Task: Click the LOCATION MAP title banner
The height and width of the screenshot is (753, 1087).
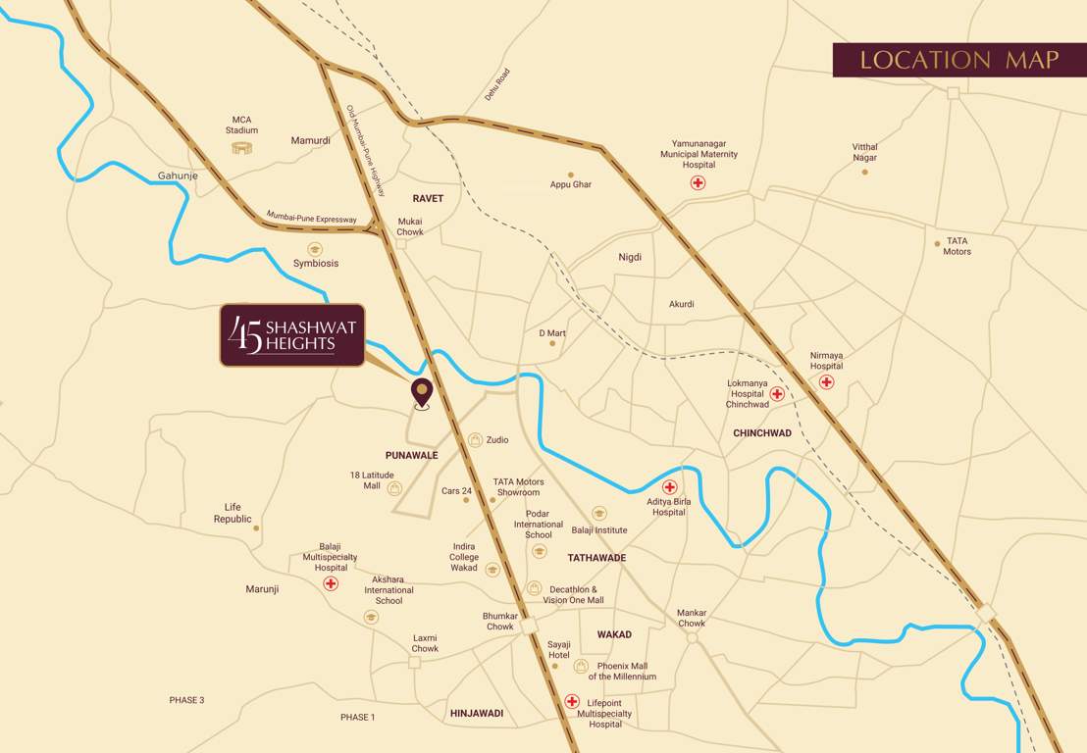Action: (x=958, y=60)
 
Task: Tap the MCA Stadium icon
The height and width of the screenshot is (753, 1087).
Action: (x=241, y=148)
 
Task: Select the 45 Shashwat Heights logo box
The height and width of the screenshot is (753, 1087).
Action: (x=292, y=335)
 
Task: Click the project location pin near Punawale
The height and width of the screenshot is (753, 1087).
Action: (x=422, y=391)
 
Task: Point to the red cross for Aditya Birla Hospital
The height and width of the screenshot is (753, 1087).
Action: (x=670, y=486)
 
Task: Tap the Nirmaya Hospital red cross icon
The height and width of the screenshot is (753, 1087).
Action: (x=826, y=381)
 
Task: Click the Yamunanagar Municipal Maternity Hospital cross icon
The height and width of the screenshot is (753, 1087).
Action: (x=698, y=183)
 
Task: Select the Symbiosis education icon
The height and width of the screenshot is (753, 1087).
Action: (x=315, y=249)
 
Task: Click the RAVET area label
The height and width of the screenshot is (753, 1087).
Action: (x=428, y=198)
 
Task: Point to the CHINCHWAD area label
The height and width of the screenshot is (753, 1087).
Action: (x=762, y=433)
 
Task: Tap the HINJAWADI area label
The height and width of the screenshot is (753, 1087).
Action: (x=476, y=714)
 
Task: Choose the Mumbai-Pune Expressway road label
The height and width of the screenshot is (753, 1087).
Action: (x=312, y=218)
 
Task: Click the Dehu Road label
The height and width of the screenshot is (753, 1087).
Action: (x=497, y=84)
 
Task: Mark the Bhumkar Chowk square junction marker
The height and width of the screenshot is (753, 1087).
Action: (x=530, y=626)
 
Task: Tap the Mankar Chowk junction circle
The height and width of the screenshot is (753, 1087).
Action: (x=692, y=637)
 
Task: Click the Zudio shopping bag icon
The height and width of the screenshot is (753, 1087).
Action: (x=476, y=440)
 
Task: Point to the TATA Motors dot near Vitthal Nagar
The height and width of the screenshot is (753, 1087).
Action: (x=937, y=243)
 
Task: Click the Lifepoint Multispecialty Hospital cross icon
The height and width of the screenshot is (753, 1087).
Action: (x=572, y=701)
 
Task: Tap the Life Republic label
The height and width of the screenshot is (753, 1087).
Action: (x=233, y=513)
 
